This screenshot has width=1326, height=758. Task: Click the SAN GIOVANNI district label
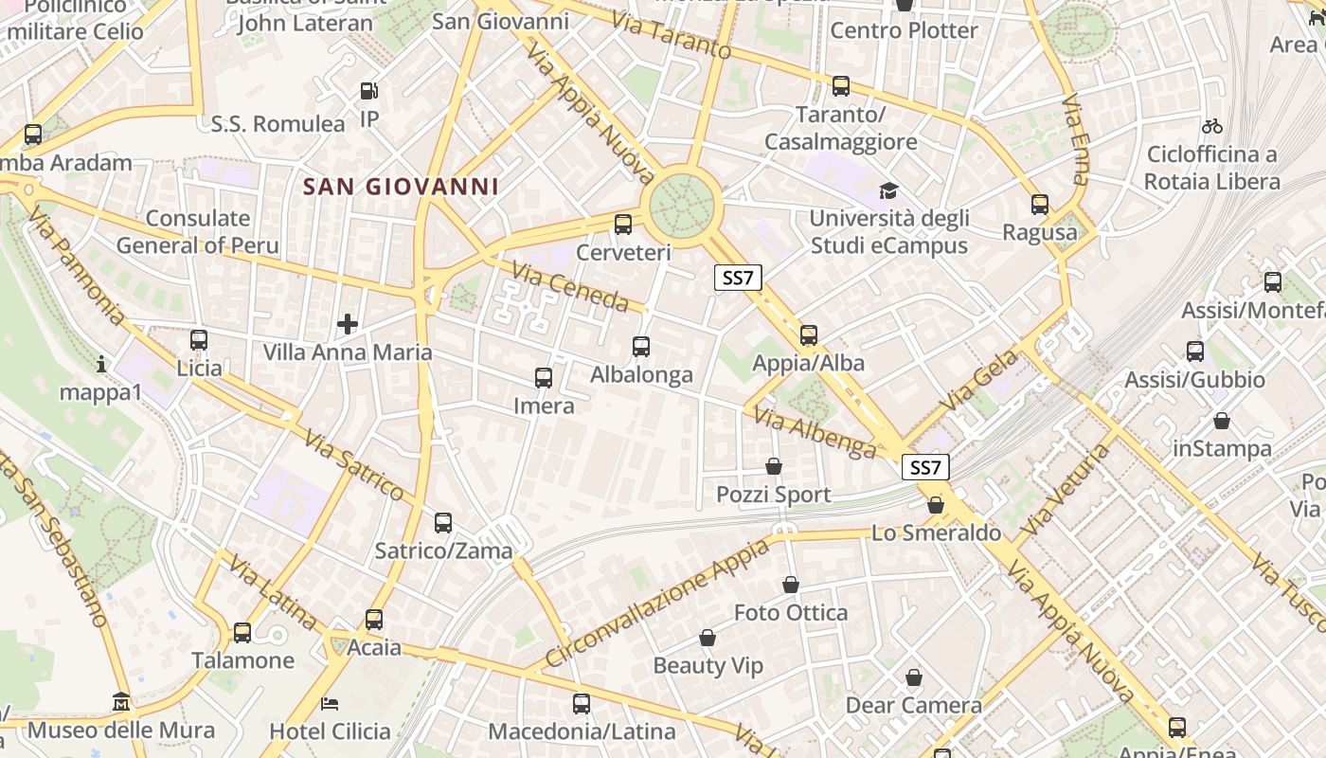point(401,187)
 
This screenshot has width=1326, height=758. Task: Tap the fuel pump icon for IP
point(369,92)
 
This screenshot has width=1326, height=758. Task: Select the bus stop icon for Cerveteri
point(623,225)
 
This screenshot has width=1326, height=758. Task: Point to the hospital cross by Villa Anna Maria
point(348,324)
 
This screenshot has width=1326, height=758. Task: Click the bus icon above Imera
point(544,378)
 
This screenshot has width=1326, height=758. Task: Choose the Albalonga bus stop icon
point(641,347)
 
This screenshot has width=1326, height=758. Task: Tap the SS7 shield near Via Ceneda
point(737,278)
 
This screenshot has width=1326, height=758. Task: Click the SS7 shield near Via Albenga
point(924,467)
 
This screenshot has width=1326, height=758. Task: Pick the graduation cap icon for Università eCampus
point(888,190)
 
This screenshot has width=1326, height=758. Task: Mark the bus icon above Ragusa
point(1040,204)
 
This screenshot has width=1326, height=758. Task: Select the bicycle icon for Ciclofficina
point(1211,126)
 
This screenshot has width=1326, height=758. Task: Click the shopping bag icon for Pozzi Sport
point(774,466)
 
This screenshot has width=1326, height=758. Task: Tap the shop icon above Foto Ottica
point(791,585)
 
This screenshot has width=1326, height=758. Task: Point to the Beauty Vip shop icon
point(708,638)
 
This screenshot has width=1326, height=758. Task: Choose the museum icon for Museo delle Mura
point(121,702)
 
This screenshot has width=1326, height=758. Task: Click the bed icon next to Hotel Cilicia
point(330,703)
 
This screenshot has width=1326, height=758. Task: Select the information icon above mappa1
point(101,364)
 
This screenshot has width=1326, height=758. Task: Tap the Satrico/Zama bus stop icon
point(442,522)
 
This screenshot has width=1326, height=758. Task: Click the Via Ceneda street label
point(570,288)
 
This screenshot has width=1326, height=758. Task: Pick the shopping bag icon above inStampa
point(1222,420)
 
